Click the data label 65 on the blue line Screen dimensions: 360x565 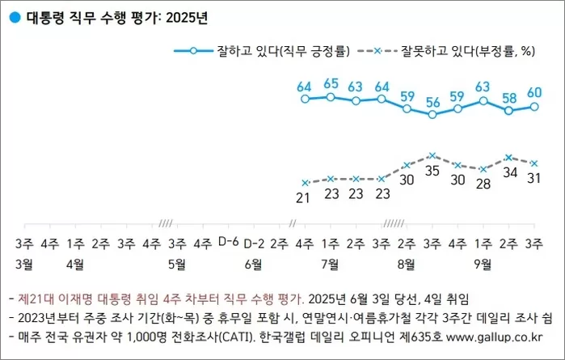(330, 83)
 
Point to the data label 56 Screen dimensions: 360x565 (432, 102)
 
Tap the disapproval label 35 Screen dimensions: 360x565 (432, 171)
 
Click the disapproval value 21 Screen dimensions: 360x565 (305, 197)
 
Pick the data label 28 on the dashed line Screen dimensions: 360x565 (483, 184)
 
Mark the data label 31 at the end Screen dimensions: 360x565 (533, 178)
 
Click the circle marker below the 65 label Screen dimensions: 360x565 (331, 97)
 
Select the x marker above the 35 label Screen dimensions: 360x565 (432, 155)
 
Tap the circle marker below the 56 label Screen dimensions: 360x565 (432, 115)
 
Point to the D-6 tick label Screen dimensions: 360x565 (229, 241)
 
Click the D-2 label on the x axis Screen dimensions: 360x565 (254, 241)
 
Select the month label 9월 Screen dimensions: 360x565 (483, 263)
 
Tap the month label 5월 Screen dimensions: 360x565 (177, 263)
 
